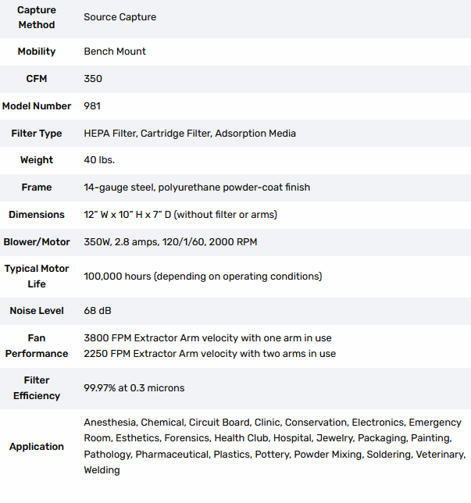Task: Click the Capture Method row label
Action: tap(36, 17)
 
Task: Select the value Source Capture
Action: tap(120, 17)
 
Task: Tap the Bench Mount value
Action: tap(115, 52)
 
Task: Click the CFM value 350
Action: tap(93, 79)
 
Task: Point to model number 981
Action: tap(92, 106)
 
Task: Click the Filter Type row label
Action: tap(36, 134)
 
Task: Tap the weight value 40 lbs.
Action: tap(101, 160)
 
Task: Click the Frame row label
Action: tap(36, 187)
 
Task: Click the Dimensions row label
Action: tap(36, 215)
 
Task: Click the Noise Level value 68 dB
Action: tap(98, 311)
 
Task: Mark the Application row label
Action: tap(36, 447)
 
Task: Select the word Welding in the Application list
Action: tap(102, 470)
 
